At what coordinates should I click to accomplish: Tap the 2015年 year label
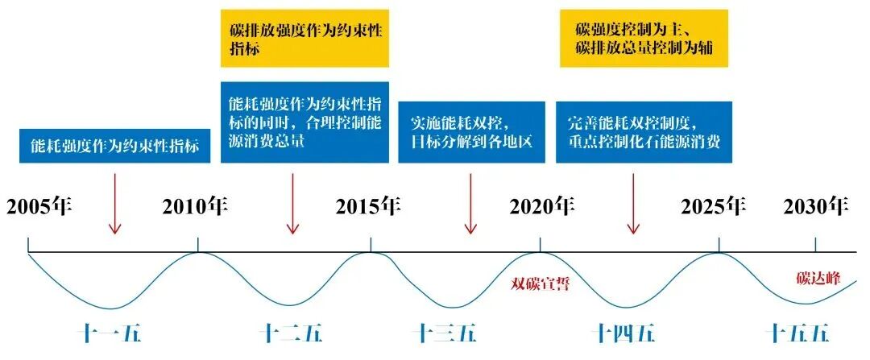[368, 206]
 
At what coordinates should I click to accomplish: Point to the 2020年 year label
[541, 206]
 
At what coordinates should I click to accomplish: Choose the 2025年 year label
[713, 206]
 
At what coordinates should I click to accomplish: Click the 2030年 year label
[816, 206]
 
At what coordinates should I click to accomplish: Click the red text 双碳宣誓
[541, 283]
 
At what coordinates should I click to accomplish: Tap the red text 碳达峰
[818, 279]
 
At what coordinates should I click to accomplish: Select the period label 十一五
[114, 333]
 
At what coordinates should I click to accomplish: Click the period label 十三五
[446, 333]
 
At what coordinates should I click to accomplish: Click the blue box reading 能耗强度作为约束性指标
[115, 147]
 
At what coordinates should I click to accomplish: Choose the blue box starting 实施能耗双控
[470, 132]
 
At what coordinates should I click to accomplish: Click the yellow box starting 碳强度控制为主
[644, 38]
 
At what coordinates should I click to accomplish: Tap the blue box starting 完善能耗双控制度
[644, 132]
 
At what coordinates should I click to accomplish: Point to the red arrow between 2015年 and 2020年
[470, 206]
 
